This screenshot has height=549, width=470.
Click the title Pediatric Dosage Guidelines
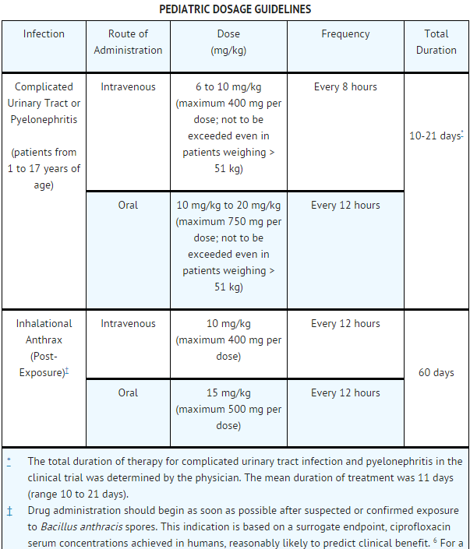[x=235, y=9]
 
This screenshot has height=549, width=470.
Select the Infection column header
[x=44, y=34]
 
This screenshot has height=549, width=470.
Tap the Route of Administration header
[x=128, y=42]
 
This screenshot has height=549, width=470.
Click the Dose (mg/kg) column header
[x=228, y=42]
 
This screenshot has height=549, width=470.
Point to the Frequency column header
[x=345, y=34]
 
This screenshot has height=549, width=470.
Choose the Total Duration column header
[x=436, y=42]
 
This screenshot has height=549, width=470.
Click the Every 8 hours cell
[x=345, y=87]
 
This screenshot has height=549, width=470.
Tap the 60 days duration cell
[x=436, y=373]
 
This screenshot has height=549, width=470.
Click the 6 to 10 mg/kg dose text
[x=228, y=87]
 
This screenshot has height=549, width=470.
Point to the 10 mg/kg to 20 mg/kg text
[x=228, y=206]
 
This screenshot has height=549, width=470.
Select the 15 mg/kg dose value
[x=228, y=393]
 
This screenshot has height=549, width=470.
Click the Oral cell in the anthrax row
[x=128, y=393]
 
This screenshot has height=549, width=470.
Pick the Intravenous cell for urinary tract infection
[x=128, y=87]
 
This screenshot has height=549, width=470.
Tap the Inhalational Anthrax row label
[x=44, y=332]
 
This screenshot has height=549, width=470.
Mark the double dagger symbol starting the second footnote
[x=9, y=511]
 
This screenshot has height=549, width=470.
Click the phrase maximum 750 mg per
[x=228, y=222]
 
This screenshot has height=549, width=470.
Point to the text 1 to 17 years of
[x=44, y=169]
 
